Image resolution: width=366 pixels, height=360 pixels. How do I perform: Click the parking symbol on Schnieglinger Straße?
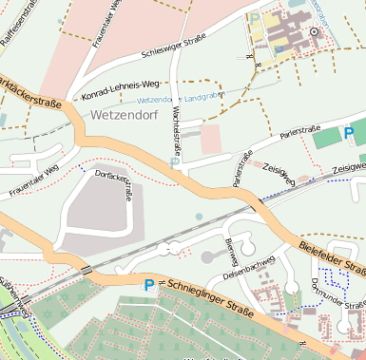coord(148,284)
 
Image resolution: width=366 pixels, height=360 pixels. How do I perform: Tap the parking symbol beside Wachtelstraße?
coord(174,162)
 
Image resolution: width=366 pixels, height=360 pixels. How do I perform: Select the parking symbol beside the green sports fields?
coord(349,132)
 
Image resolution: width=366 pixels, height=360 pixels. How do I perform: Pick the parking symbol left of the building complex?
coord(255,16)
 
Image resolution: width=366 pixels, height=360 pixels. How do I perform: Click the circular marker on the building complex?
coord(314,31)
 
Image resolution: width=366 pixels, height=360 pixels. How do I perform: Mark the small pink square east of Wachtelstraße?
coord(210,139)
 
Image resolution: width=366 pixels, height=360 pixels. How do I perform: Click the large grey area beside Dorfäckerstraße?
coord(95,209)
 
